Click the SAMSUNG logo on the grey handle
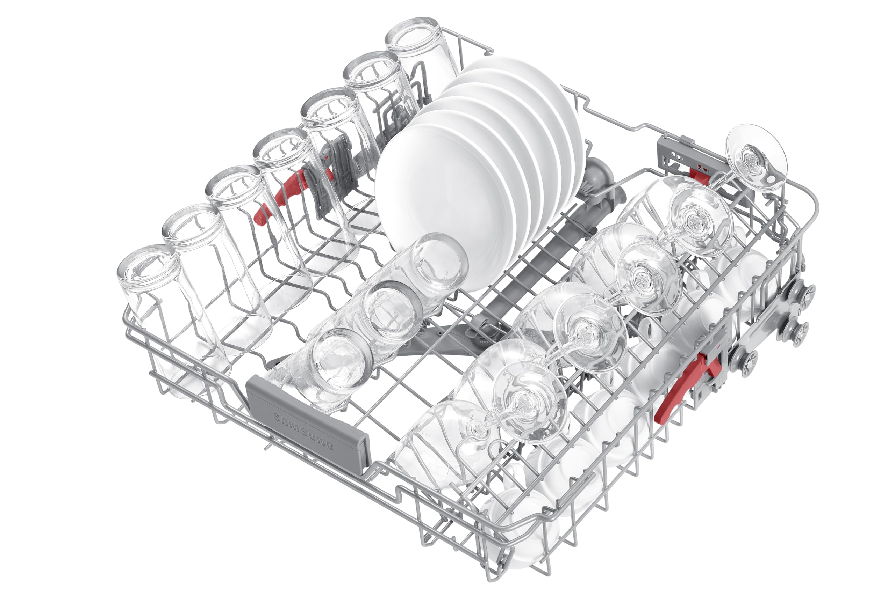(x=304, y=431)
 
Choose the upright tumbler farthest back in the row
(x=418, y=50)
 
